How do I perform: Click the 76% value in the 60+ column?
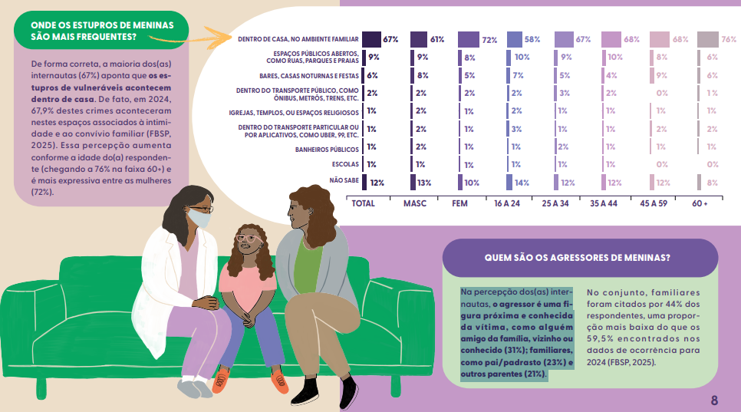pos(729,39)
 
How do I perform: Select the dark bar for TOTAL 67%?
pos(371,39)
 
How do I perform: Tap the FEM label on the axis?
pos(459,203)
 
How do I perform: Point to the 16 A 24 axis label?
pos(507,203)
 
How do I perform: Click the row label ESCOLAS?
pos(345,164)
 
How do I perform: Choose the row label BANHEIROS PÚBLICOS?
pos(327,150)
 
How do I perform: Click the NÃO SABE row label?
pos(344,180)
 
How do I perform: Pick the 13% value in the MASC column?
pos(424,183)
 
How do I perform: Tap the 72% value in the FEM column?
pos(489,40)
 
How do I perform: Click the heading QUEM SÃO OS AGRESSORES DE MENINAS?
pos(577,258)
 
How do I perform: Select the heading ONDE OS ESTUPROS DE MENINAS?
pos(102,25)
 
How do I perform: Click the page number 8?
pos(714,400)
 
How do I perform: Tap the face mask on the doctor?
pos(199,219)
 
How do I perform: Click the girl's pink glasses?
pos(249,239)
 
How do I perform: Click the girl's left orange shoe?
pos(221,380)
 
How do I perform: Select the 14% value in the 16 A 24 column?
pos(522,183)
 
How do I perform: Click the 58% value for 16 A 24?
pos(532,39)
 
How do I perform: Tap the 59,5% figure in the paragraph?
pos(600,339)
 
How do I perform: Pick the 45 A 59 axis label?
pos(654,203)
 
